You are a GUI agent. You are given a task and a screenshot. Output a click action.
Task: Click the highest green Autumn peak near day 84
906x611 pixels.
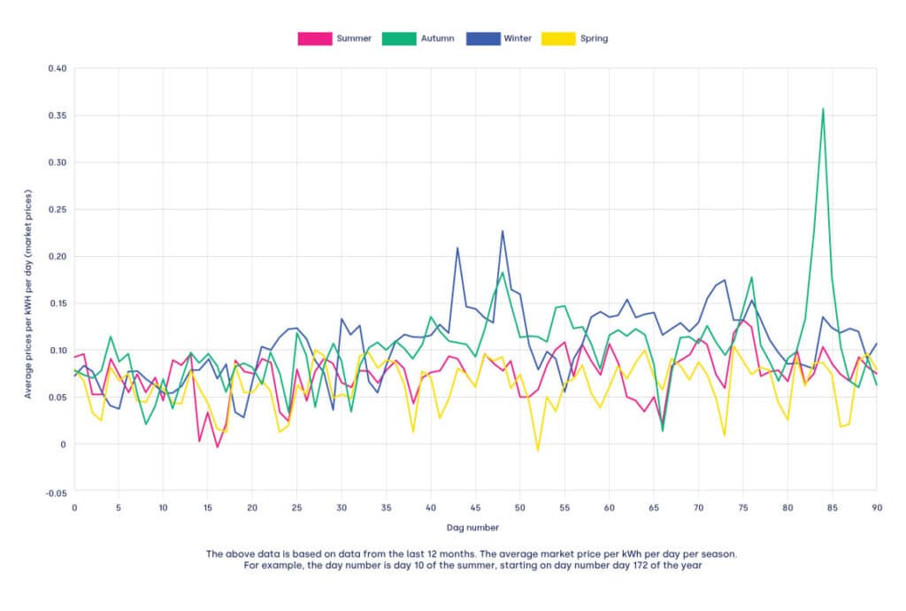(823, 109)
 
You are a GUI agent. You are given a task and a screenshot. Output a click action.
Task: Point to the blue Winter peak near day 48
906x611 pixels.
(503, 231)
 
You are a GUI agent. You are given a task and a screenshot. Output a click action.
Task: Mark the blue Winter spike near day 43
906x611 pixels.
(457, 248)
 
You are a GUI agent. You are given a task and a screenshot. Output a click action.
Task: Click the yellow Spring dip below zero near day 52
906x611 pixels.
(537, 451)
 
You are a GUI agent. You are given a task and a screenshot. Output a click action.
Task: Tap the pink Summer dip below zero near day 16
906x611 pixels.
(217, 447)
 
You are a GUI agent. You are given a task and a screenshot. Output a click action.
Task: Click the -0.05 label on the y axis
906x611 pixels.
(54, 491)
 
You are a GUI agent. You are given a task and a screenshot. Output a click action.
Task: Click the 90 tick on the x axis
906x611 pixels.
(877, 507)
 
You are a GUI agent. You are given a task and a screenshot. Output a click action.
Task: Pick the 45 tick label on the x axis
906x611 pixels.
(475, 507)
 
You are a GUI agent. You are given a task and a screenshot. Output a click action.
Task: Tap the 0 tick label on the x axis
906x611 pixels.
(74, 507)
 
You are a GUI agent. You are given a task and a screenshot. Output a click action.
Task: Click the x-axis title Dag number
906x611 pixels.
(474, 528)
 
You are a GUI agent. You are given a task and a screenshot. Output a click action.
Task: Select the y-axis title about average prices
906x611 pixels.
(28, 280)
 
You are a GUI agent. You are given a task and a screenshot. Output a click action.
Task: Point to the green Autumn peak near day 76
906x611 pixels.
(751, 277)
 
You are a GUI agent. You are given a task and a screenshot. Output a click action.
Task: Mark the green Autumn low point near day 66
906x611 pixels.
(663, 431)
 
